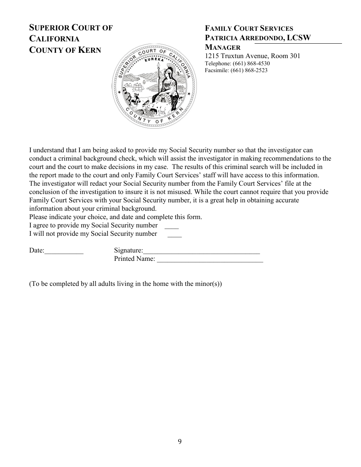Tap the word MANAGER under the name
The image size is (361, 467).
click(x=223, y=47)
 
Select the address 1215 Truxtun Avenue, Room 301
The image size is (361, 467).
click(x=252, y=56)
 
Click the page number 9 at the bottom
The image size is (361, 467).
click(x=180, y=441)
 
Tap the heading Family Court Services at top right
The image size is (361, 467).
click(x=249, y=28)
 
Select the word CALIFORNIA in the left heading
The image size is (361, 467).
click(x=54, y=39)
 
